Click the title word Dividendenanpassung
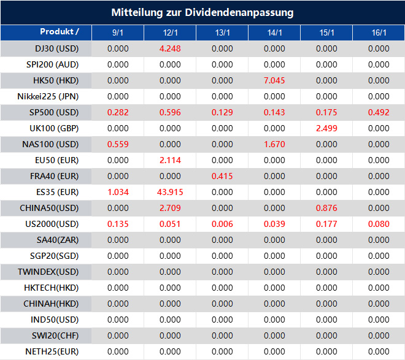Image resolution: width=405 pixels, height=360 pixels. coord(244,12)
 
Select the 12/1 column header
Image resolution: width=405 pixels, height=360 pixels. coord(170,33)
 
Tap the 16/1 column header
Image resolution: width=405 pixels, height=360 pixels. coord(379,33)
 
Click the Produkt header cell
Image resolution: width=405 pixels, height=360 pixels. coord(60,32)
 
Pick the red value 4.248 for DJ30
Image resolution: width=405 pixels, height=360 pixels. coord(170,48)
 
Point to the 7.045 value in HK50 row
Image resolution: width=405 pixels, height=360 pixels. coord(274,80)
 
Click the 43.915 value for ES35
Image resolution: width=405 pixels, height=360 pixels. coord(170,192)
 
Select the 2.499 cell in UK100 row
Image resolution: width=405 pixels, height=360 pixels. coord(326,128)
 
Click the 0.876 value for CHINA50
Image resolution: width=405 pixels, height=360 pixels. coord(326,208)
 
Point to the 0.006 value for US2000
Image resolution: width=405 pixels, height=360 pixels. coord(222,224)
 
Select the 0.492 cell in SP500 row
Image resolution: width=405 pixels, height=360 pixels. coord(379,112)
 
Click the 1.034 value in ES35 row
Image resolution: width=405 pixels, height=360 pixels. coord(118,192)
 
